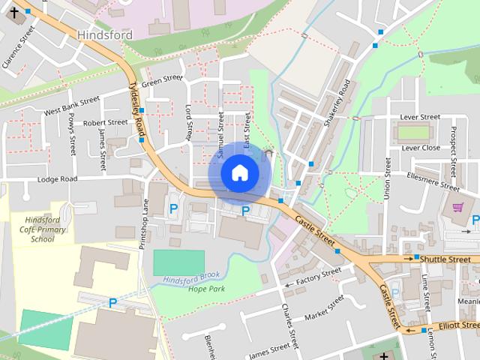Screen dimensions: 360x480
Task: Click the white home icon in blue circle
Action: (x=239, y=172)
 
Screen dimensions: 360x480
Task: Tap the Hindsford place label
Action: (x=104, y=34)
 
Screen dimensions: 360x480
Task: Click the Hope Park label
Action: (x=207, y=289)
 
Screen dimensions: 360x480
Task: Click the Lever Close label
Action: (x=421, y=148)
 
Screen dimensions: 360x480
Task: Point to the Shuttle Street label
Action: (x=448, y=258)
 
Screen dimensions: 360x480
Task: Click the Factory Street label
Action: (x=318, y=281)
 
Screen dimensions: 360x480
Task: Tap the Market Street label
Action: (x=319, y=307)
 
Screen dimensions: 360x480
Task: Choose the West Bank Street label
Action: (x=72, y=106)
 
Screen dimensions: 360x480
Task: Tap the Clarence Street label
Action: (x=19, y=47)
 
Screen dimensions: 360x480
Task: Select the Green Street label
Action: (x=162, y=81)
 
